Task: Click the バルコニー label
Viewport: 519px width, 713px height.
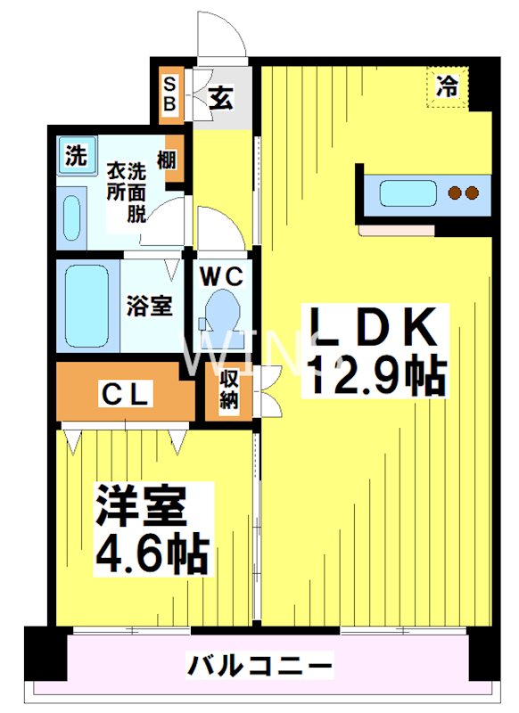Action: pyautogui.click(x=259, y=665)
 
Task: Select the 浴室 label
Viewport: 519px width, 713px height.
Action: pyautogui.click(x=150, y=306)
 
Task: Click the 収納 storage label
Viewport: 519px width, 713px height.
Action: pyautogui.click(x=228, y=389)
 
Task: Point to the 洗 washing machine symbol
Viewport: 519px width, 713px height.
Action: pyautogui.click(x=77, y=157)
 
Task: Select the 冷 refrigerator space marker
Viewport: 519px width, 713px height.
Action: pyautogui.click(x=447, y=87)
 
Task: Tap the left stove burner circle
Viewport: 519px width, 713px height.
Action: pyautogui.click(x=455, y=193)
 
